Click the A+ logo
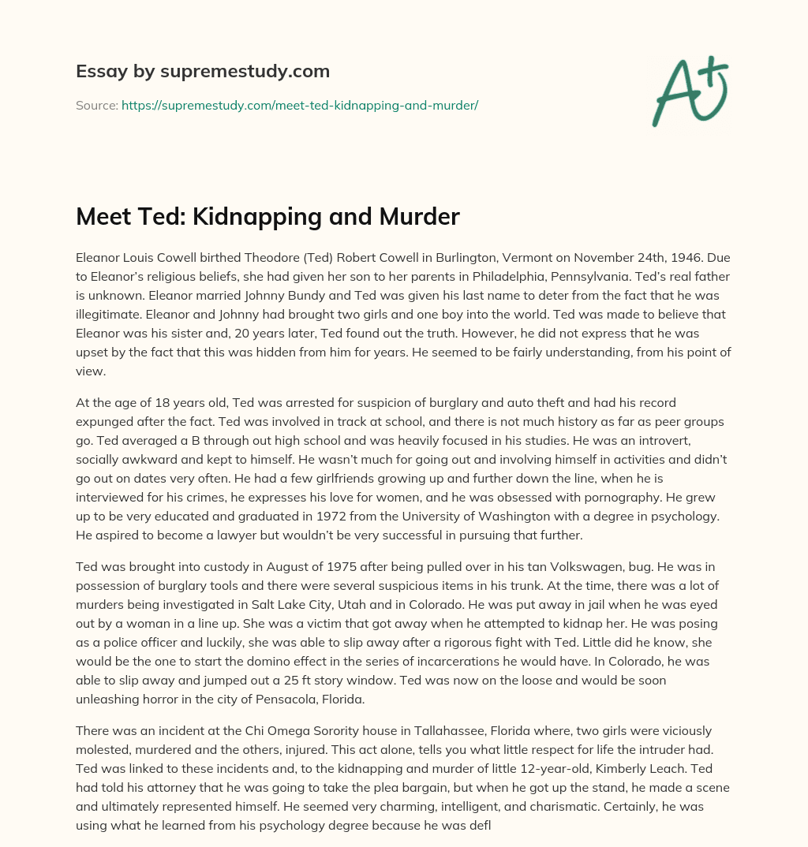tap(689, 91)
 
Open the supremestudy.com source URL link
tap(300, 104)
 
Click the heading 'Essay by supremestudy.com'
tap(203, 72)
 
